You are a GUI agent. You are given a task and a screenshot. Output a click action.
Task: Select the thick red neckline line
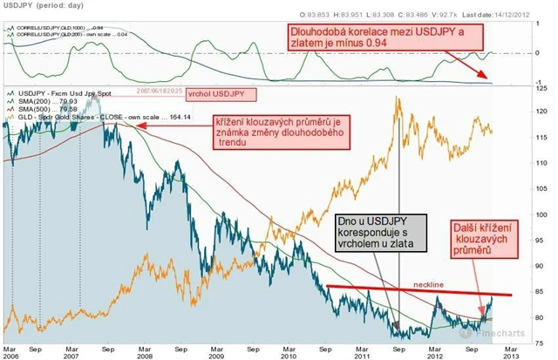(418, 290)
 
